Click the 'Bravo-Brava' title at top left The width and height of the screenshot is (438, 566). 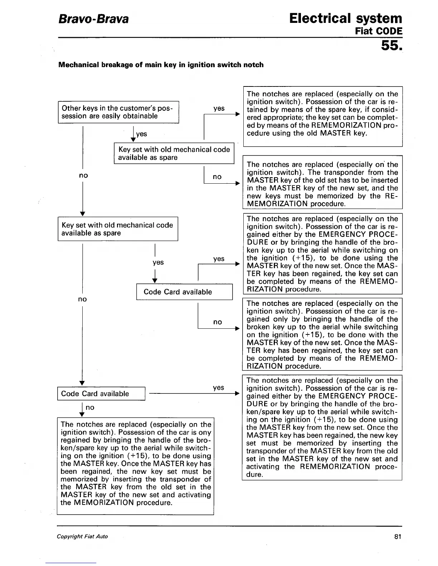[93, 19]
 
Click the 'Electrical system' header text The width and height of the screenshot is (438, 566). [346, 18]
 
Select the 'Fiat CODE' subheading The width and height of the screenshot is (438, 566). [379, 31]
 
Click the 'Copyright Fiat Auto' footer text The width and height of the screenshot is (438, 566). [82, 536]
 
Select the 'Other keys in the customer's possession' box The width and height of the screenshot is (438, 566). [118, 112]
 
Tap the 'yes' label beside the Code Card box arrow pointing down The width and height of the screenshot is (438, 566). [158, 262]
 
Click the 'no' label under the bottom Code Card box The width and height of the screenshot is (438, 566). [90, 407]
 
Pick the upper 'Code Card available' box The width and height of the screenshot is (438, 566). [184, 292]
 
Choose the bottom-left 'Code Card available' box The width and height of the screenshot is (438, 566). [101, 394]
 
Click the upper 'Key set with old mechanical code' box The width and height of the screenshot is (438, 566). [174, 153]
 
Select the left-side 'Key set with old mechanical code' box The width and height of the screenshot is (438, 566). [118, 229]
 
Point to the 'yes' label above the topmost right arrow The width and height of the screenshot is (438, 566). [219, 108]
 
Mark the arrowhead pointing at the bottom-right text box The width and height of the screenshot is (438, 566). [237, 394]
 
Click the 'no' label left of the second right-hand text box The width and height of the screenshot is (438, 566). [217, 177]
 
